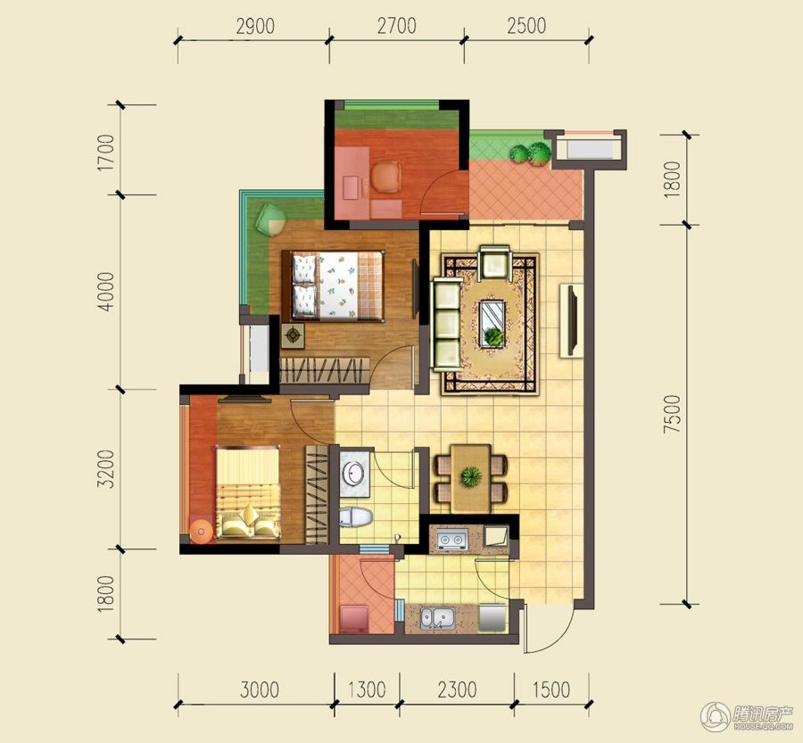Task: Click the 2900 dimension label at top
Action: coord(255,26)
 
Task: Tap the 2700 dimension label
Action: coord(396,26)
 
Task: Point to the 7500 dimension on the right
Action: coord(672,414)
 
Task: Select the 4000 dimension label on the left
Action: coord(106,292)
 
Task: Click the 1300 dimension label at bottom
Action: coord(367,689)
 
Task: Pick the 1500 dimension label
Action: coord(551,689)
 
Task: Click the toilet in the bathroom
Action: coord(355,516)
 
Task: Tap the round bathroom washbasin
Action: coord(354,473)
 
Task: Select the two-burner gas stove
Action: coord(452,540)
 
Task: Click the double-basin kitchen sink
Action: coord(438,618)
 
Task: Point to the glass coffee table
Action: coord(493,324)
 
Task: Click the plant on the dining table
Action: coord(470,477)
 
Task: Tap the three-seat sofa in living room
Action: coord(447,324)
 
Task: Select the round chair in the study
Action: coord(385,177)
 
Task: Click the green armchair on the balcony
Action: coord(269,220)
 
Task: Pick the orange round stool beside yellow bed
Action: coord(202,532)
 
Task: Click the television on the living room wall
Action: coord(571,320)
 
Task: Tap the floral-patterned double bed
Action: coord(333,286)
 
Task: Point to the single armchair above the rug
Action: coord(494,263)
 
